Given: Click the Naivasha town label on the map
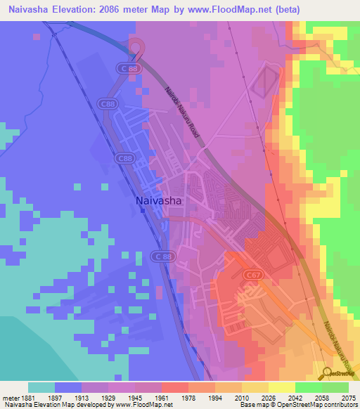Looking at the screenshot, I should coord(158,201).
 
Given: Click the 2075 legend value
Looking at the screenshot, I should coord(348,397).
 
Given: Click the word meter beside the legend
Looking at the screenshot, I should coord(11,397).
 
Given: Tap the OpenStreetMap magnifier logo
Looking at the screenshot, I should coord(328,372).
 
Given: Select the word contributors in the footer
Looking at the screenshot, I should coord(341,405).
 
